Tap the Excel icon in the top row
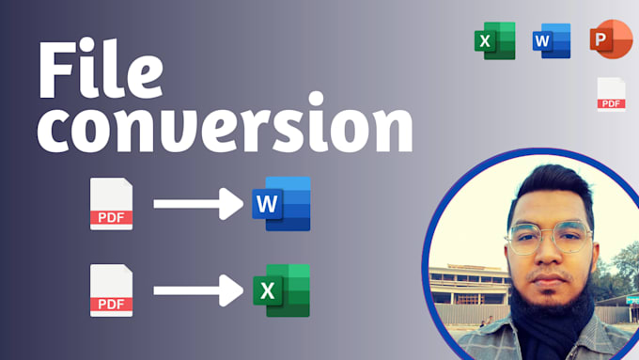494,40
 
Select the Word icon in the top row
552,40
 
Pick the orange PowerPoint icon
609,40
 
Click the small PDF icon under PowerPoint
612,94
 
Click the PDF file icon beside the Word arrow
111,204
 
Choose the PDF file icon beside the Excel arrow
111,290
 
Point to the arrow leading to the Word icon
197,203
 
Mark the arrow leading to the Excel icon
197,290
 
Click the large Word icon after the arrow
281,203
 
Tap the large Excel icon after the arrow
281,290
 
